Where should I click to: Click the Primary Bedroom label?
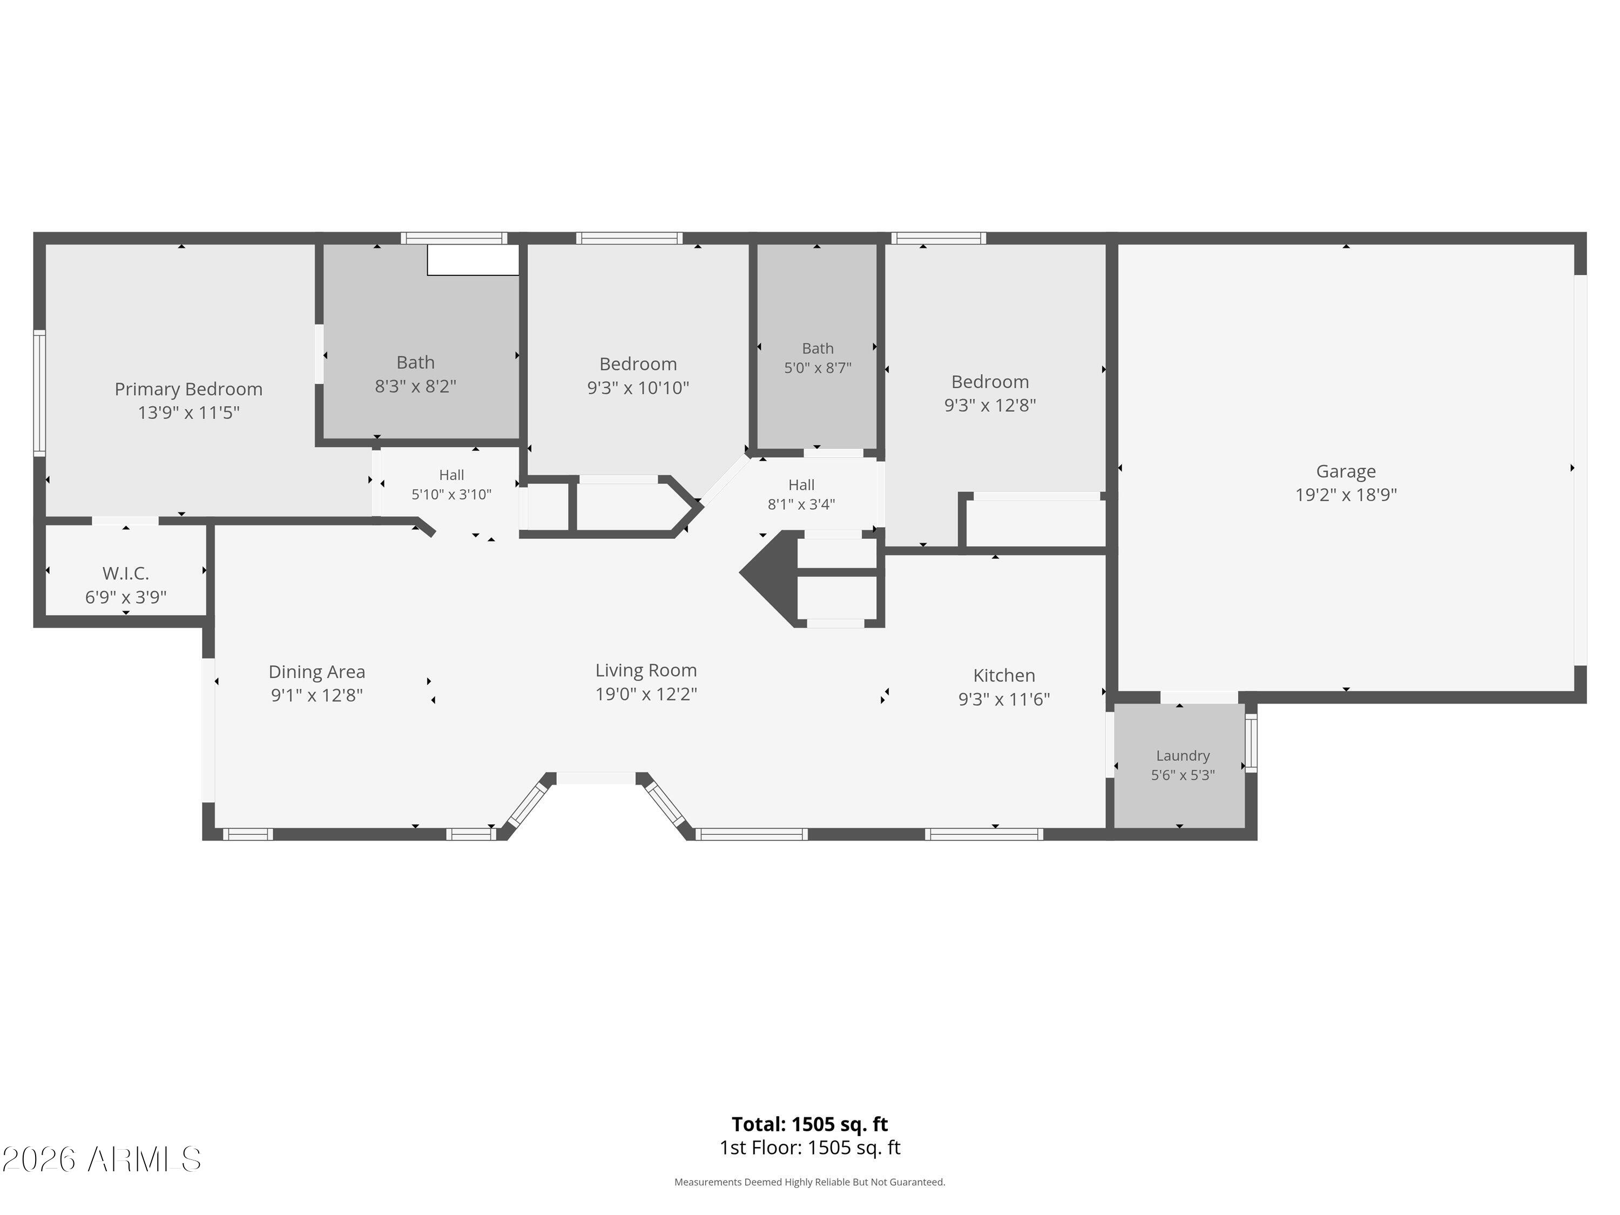(188, 389)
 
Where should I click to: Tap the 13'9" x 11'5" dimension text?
(189, 413)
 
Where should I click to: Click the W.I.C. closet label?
(126, 573)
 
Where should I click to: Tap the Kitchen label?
(1004, 675)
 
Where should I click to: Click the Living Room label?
(646, 670)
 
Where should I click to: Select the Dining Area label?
(316, 672)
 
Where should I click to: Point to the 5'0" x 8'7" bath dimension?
(818, 368)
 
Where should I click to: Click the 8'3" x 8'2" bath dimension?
(415, 386)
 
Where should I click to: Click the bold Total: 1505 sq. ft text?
(809, 1124)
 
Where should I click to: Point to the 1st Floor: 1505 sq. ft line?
(810, 1147)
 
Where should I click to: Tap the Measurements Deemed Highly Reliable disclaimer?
(810, 1182)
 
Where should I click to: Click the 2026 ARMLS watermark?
(101, 1159)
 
